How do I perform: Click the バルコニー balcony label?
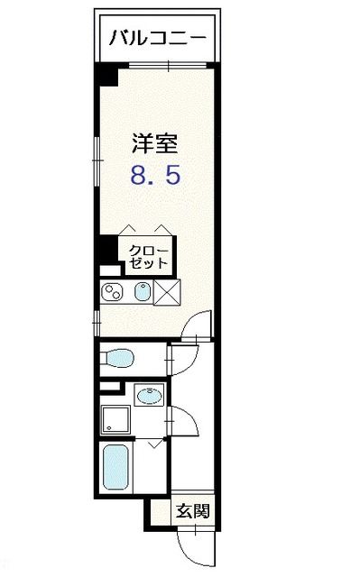pyautogui.click(x=158, y=38)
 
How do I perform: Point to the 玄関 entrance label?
pyautogui.click(x=192, y=511)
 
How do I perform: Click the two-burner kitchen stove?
pyautogui.click(x=115, y=292)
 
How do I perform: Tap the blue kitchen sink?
pyautogui.click(x=142, y=292)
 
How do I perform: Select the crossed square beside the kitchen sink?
pyautogui.click(x=168, y=293)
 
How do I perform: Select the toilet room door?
pyautogui.click(x=176, y=358)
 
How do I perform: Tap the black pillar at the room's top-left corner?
pyautogui.click(x=107, y=75)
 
